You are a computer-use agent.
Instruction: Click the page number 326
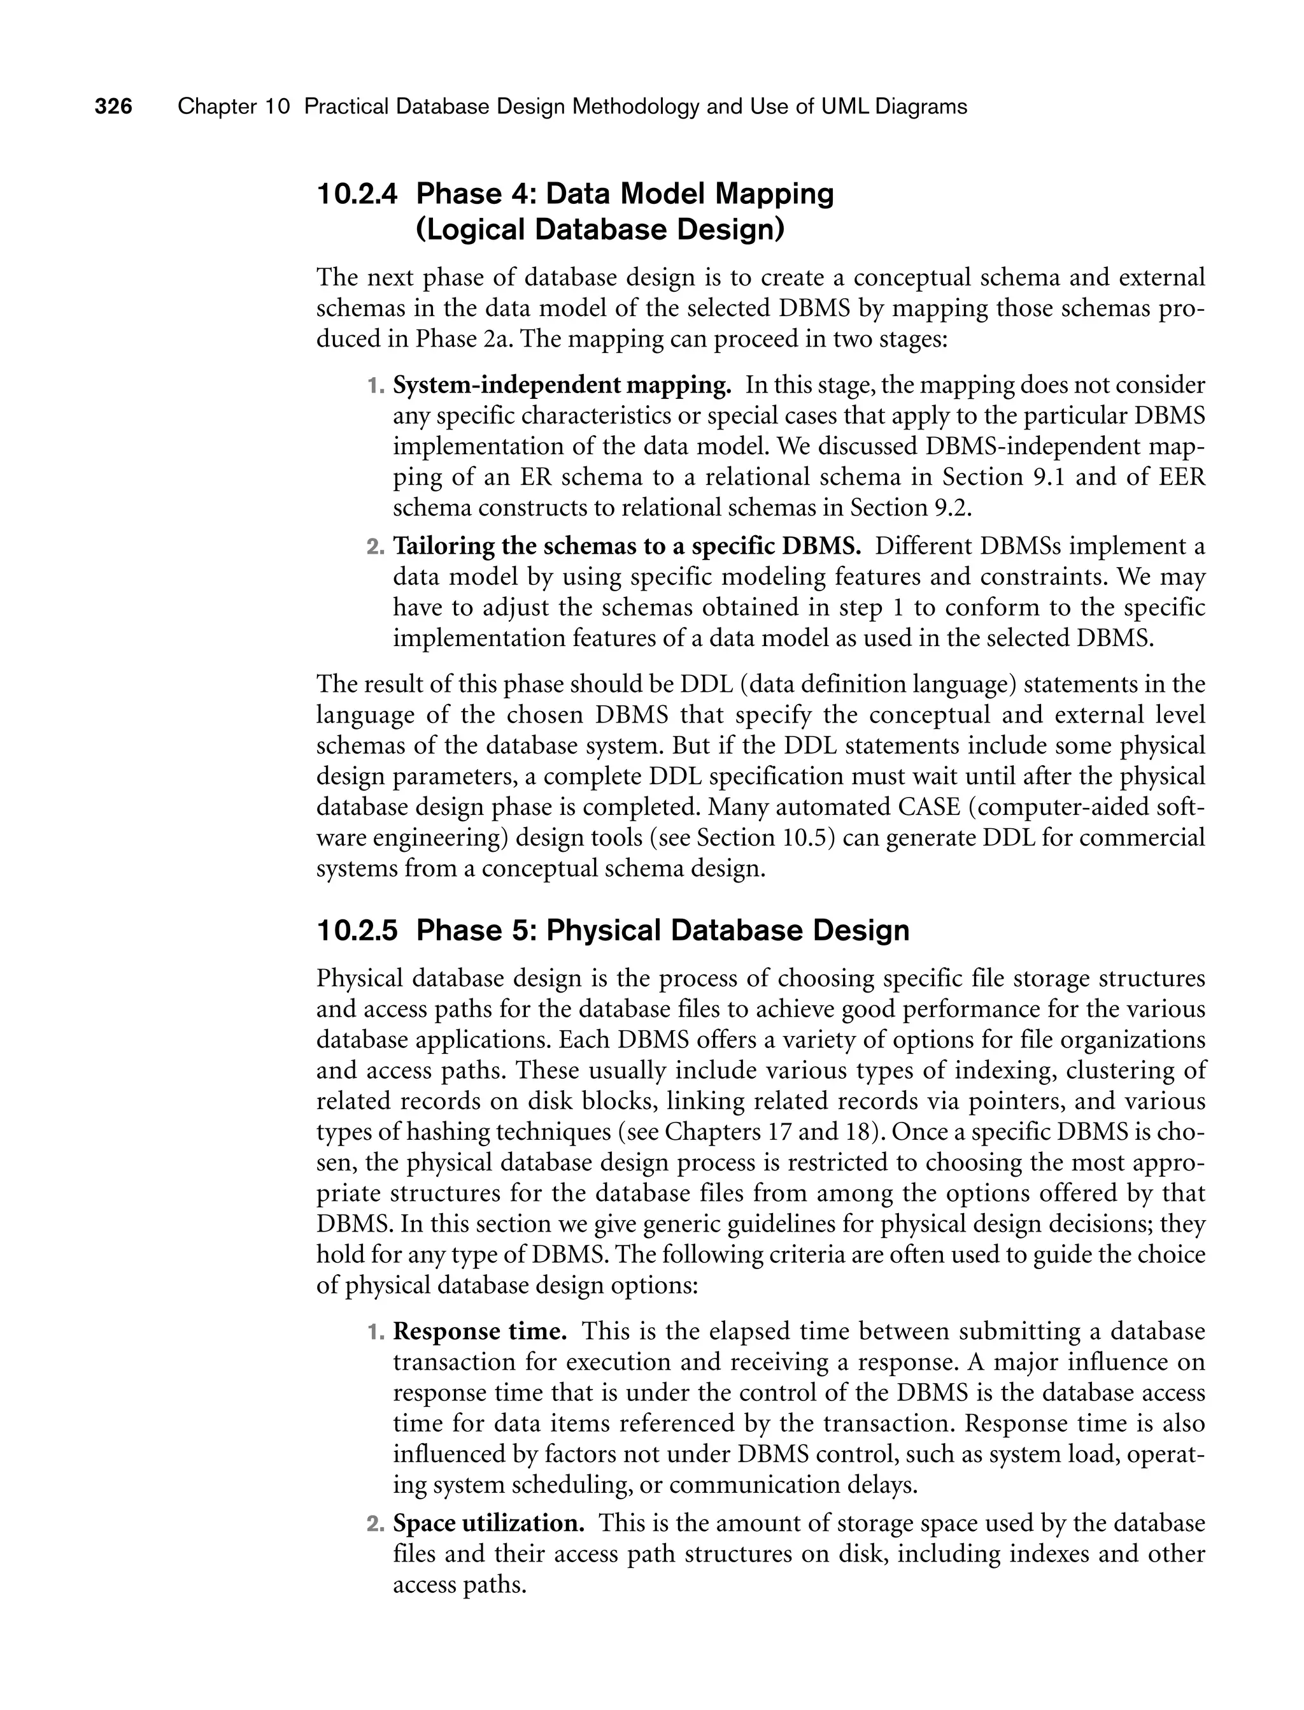pyautogui.click(x=113, y=106)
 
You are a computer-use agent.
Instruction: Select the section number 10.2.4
pyautogui.click(x=357, y=194)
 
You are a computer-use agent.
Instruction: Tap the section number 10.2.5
pyautogui.click(x=357, y=930)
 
